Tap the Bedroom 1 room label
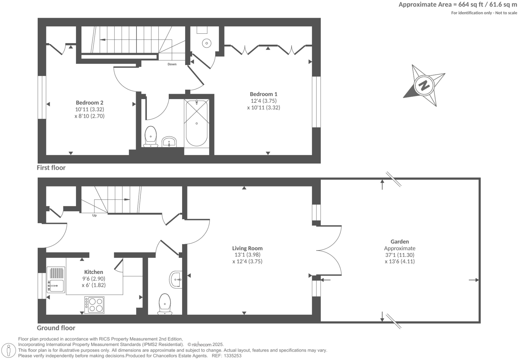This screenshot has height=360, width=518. pos(264,94)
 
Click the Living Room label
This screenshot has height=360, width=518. pos(247,248)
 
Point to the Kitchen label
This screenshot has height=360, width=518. pos(93,272)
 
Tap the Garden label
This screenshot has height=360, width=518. pos(400,242)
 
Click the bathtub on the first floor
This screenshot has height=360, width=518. pos(196,123)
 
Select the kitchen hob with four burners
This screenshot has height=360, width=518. pos(94,305)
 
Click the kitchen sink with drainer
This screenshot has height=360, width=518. pos(56,280)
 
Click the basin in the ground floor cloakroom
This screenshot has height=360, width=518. pos(176,280)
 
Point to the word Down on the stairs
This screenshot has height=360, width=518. pos(172,64)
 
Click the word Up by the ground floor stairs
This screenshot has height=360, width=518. pos(94,216)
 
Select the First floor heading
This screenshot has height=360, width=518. pos(51,168)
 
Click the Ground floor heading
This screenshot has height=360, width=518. pos(56,328)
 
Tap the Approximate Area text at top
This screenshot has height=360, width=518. pos(458,5)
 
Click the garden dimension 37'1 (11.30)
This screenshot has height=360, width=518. pos(400,255)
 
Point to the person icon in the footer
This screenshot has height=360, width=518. pos(9,350)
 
